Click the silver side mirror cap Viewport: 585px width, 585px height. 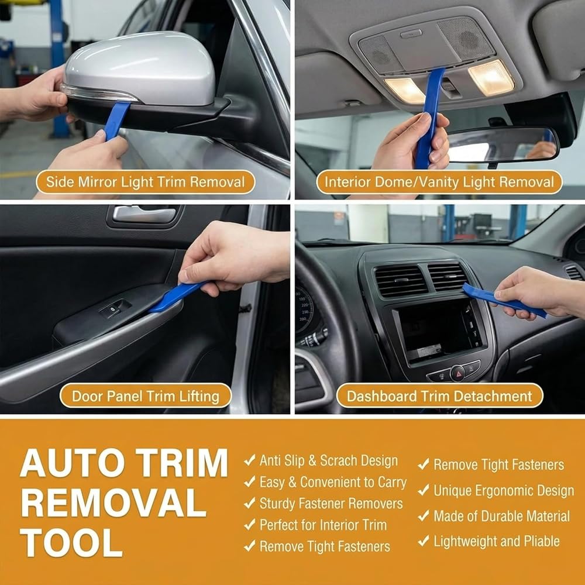140,69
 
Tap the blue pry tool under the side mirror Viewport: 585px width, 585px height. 117,120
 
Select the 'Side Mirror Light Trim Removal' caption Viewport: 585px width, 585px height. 146,182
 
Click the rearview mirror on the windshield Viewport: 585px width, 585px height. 502,144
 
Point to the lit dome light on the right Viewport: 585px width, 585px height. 491,78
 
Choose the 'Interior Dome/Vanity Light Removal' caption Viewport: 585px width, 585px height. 439,182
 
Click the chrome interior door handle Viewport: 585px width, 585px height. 144,215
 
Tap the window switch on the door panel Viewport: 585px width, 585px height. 115,308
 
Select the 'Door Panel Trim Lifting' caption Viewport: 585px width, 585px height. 146,396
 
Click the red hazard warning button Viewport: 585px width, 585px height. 457,373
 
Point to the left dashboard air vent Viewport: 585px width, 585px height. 401,281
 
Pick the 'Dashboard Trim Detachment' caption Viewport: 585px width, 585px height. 439,396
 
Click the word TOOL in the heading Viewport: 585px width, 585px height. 71,542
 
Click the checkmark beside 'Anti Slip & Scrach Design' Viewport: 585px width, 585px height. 250,460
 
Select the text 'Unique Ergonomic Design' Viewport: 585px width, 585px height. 504,491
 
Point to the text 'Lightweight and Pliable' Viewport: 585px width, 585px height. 497,541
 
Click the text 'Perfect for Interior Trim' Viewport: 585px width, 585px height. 323,525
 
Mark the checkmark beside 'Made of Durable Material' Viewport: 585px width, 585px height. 424,515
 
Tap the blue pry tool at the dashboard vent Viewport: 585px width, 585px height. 504,300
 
